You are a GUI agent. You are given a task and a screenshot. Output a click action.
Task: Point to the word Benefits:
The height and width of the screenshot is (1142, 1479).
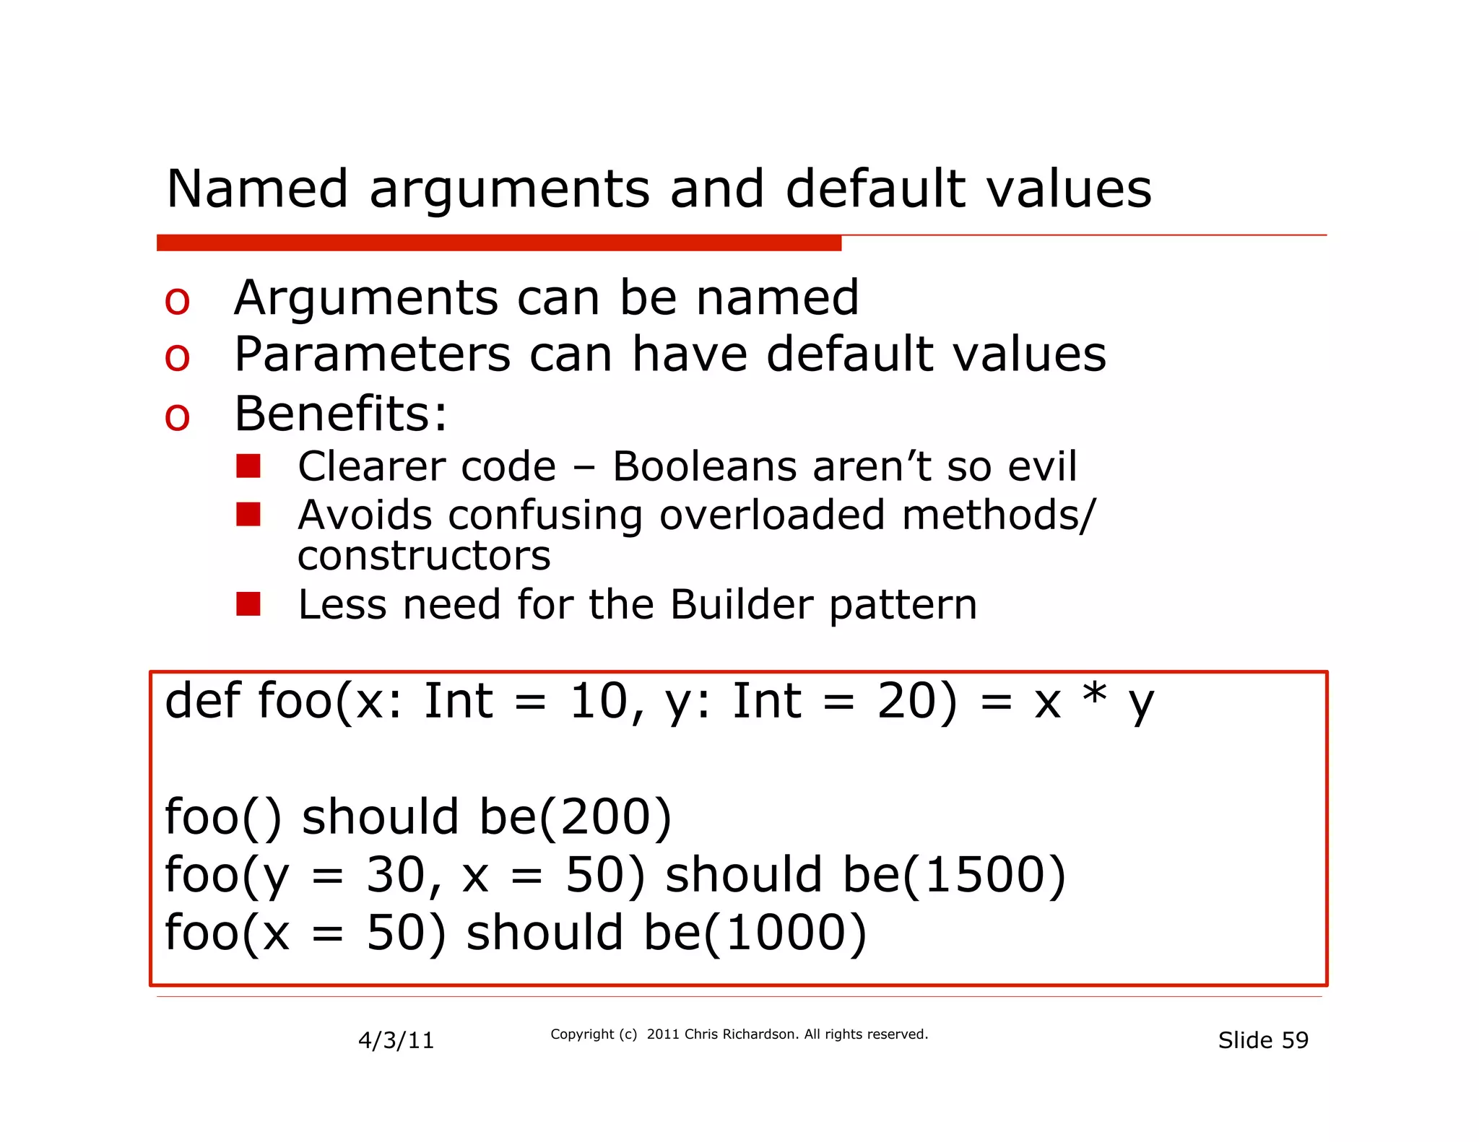341,414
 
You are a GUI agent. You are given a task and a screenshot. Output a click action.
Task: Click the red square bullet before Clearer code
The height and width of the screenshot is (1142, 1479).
248,466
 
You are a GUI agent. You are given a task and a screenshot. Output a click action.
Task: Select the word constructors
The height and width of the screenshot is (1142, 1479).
424,556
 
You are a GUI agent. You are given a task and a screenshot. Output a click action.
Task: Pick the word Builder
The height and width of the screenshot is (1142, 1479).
742,604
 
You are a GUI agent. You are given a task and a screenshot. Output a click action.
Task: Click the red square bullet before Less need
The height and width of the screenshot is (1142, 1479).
248,604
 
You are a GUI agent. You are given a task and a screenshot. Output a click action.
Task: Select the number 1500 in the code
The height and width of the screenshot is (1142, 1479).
984,875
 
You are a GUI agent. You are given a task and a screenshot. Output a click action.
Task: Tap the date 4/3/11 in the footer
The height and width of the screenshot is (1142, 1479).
396,1040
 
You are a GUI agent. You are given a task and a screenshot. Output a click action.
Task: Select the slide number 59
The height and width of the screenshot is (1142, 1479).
1295,1040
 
